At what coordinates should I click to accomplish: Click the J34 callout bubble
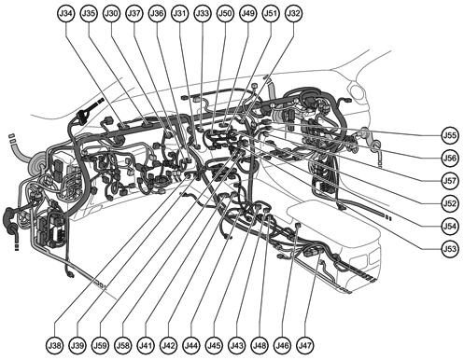66,14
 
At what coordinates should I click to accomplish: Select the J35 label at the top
89,14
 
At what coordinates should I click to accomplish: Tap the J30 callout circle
112,14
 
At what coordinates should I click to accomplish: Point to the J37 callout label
134,14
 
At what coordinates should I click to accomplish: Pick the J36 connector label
157,14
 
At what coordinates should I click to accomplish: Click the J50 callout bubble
225,14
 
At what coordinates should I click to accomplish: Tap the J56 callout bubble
450,159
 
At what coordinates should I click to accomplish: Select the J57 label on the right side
450,181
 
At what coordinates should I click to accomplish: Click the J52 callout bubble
450,203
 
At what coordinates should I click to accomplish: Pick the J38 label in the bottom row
55,346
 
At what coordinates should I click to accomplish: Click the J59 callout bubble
101,346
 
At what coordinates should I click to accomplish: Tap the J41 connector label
146,346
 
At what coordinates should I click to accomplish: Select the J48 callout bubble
259,346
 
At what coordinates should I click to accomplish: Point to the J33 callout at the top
203,14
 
